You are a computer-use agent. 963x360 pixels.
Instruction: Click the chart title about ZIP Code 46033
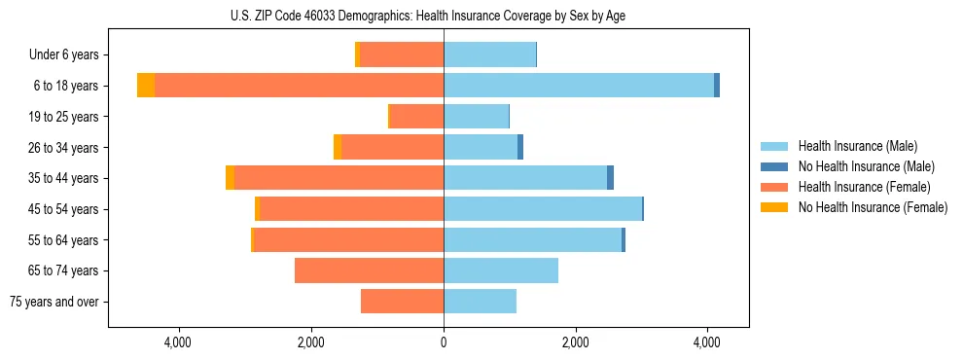(x=429, y=16)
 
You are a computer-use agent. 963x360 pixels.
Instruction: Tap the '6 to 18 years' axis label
(x=65, y=86)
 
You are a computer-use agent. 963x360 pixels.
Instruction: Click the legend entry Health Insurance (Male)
(x=857, y=146)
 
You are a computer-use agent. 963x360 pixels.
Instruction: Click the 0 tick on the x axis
(x=444, y=342)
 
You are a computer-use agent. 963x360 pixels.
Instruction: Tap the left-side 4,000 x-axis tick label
(x=179, y=342)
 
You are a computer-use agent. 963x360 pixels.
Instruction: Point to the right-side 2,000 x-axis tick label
(x=575, y=342)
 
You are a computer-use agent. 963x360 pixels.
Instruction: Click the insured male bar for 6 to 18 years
(x=579, y=86)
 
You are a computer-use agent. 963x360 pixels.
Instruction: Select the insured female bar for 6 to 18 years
(x=299, y=86)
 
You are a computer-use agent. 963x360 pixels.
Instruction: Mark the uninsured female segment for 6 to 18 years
(x=146, y=86)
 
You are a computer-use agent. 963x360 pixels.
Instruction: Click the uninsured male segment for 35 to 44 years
(x=610, y=178)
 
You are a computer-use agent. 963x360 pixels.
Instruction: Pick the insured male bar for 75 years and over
(x=480, y=302)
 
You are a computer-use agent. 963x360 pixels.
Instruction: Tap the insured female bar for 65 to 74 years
(x=369, y=270)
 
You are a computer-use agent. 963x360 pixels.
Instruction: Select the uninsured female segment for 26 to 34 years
(x=338, y=147)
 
